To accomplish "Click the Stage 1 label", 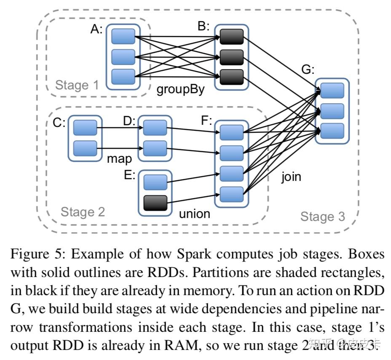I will (x=77, y=85).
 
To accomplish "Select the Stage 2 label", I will (x=83, y=212).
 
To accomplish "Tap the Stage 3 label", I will (x=322, y=217).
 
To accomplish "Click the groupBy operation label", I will (x=180, y=90).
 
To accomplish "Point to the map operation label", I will (x=119, y=159).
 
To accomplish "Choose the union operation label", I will (x=194, y=214).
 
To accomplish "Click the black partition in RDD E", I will (x=155, y=203).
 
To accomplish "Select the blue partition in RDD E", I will (x=155, y=183).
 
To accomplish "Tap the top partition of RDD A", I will (x=123, y=36).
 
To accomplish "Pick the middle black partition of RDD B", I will (x=231, y=57).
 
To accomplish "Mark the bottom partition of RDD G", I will (x=332, y=131).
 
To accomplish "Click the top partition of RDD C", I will (x=85, y=127).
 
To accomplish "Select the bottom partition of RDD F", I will (x=231, y=194).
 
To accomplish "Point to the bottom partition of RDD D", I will (x=155, y=148).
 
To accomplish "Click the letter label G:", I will (x=308, y=70).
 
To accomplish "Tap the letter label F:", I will (x=206, y=121).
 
